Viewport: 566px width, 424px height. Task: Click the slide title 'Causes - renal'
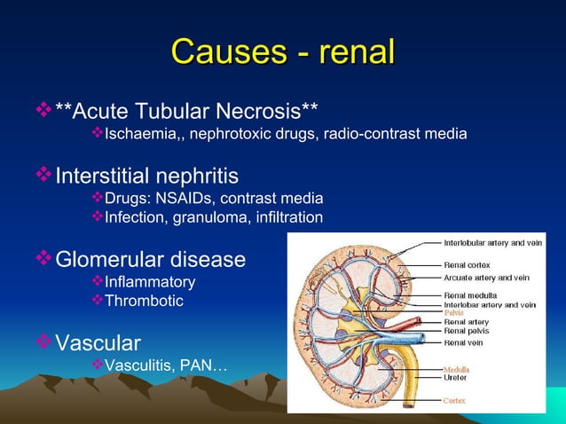(282, 52)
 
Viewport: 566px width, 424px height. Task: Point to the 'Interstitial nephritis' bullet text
(146, 175)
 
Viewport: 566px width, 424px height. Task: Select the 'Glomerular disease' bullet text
(150, 260)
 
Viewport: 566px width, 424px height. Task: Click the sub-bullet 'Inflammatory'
(150, 282)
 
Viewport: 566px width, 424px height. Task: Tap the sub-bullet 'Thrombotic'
(144, 302)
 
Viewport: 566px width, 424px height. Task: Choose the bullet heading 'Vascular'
(98, 342)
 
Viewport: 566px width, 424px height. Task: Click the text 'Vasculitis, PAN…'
(166, 365)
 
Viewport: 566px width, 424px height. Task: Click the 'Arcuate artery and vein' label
(486, 278)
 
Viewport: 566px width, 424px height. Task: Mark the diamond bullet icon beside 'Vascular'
(44, 342)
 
